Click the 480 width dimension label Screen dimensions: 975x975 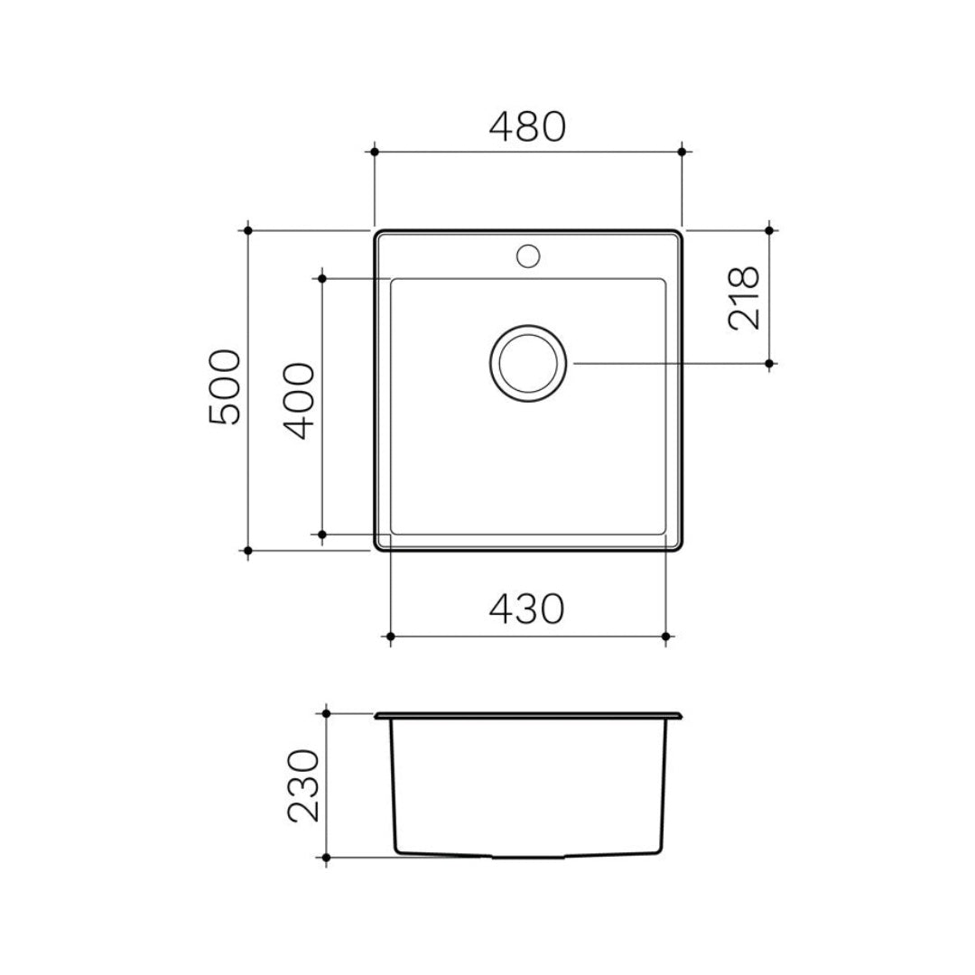527,128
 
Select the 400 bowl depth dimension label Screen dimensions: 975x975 300,401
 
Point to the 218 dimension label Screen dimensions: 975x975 745,298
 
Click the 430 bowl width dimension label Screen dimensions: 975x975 527,609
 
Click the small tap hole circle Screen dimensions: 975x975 528,255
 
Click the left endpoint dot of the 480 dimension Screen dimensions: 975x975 374,152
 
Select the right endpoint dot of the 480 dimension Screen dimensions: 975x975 682,152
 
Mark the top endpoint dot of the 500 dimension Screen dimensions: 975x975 247,230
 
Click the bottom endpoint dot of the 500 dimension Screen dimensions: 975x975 247,549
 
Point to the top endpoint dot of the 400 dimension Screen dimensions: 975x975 321,278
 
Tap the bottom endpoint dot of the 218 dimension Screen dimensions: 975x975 769,364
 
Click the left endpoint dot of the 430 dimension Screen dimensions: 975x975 390,636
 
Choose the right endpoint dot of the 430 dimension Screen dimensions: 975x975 665,636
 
